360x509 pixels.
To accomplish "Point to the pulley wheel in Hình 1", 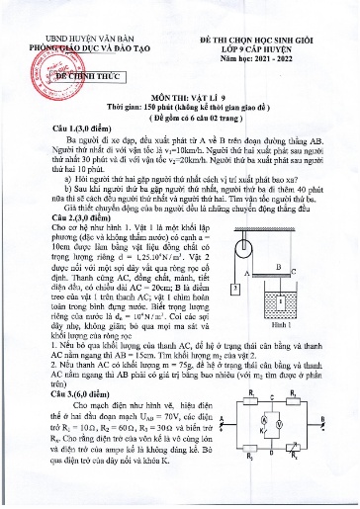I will click(x=244, y=234).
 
